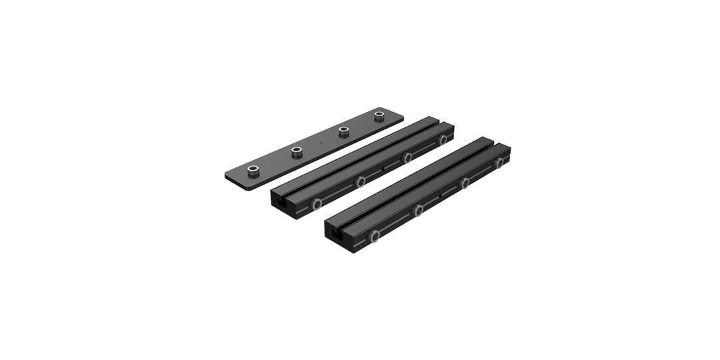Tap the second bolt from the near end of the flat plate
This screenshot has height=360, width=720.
(x=296, y=153)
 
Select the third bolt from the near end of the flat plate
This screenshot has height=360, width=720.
(x=343, y=130)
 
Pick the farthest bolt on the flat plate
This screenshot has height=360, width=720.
(x=380, y=117)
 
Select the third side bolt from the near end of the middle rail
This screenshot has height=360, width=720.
(x=406, y=157)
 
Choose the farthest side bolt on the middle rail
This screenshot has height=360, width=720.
(x=443, y=139)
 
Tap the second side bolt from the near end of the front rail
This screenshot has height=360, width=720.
(x=419, y=211)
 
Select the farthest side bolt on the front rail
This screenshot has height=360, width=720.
(x=500, y=163)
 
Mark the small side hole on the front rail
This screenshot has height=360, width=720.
(x=441, y=197)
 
